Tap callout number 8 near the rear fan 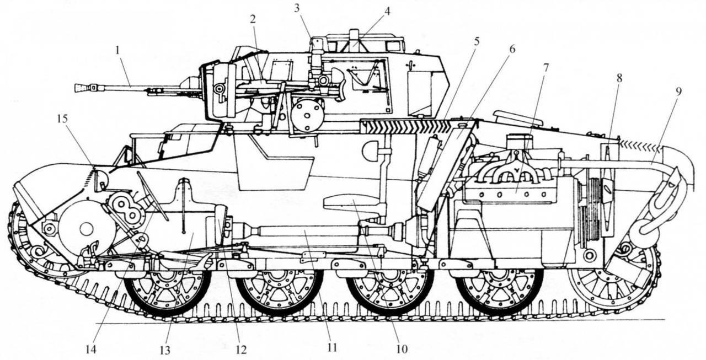pyautogui.click(x=619, y=78)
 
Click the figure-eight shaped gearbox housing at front pyautogui.click(x=125, y=208)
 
